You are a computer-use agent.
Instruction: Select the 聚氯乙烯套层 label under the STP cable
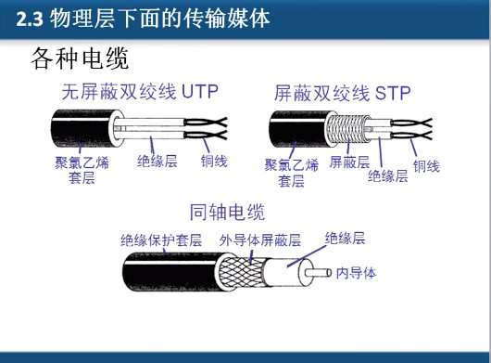pyautogui.click(x=292, y=173)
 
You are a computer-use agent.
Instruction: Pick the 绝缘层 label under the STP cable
pyautogui.click(x=387, y=175)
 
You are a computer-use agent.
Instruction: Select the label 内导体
pyautogui.click(x=354, y=272)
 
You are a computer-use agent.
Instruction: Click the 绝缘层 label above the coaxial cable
pyautogui.click(x=345, y=238)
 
